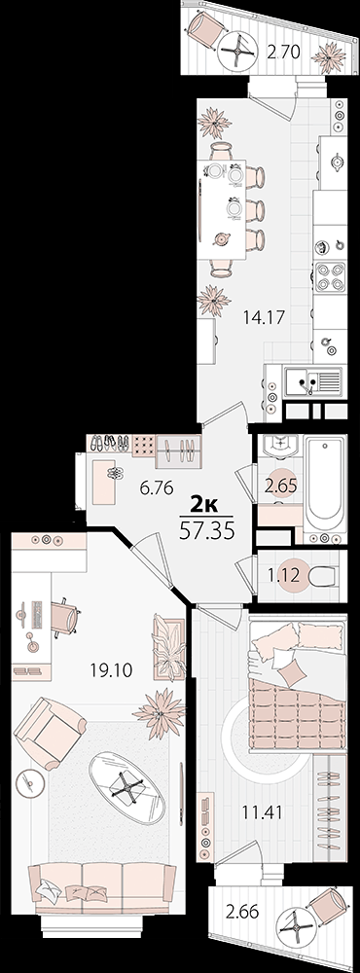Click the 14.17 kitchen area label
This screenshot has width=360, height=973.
(x=264, y=318)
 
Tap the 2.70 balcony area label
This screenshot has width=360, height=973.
(x=284, y=53)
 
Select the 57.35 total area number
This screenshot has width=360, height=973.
(x=206, y=532)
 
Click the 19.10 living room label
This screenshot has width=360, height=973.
(x=111, y=670)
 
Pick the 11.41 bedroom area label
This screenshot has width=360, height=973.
(x=263, y=811)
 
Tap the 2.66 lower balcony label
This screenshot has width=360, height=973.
(x=242, y=913)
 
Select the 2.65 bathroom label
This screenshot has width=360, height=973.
(x=281, y=486)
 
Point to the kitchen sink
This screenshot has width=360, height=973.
(x=312, y=381)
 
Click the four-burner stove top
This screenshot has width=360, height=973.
(x=330, y=276)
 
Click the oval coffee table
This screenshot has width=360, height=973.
(x=126, y=788)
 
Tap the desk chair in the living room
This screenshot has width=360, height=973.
(x=64, y=617)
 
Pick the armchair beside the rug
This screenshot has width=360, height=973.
(x=49, y=733)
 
